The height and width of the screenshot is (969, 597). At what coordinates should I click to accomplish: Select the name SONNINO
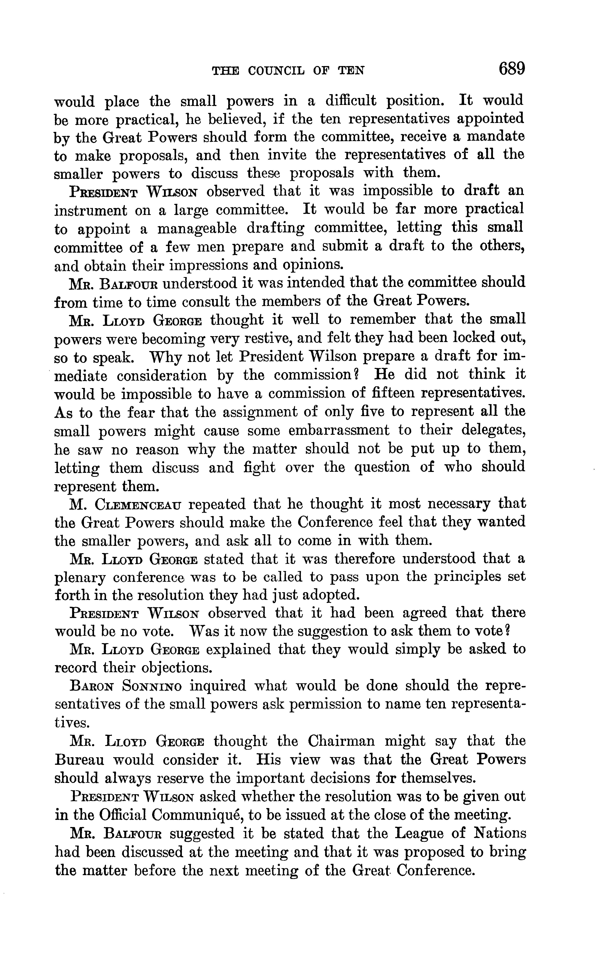point(152,686)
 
